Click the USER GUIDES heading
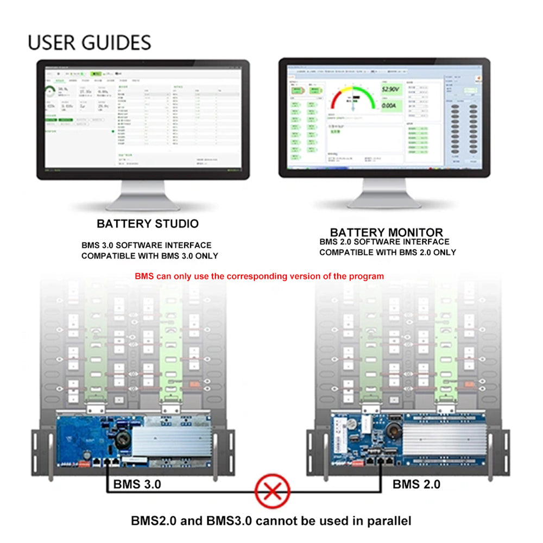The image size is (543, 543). coord(90,42)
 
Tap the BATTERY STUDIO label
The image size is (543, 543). coord(148,224)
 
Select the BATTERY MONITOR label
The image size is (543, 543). coord(386,232)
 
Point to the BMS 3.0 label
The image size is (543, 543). coord(137,484)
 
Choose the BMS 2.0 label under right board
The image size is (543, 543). coord(416,484)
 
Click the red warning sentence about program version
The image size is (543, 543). coord(259,276)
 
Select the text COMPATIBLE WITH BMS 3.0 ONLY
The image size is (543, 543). coord(150,256)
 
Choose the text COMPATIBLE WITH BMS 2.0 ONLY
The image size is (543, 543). coord(387,252)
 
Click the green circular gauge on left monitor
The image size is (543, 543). coord(50,91)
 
